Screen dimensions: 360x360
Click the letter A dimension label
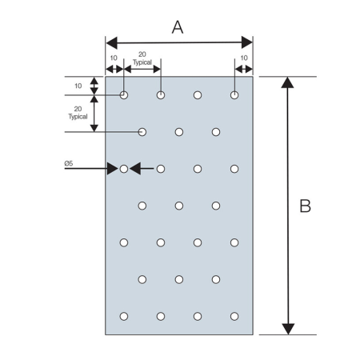pos(178,27)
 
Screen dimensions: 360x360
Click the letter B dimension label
pos(306,206)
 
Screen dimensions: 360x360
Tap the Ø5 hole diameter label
pos(69,163)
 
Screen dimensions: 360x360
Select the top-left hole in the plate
pos(124,95)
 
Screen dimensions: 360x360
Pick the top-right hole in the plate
pos(234,95)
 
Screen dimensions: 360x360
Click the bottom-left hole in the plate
pos(124,316)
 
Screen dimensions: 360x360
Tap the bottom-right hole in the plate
pos(234,316)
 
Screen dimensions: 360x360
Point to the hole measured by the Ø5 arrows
pos(124,169)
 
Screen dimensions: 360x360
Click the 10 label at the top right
pos(244,58)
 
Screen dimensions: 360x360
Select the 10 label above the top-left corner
pos(114,58)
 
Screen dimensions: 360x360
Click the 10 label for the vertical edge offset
pos(78,86)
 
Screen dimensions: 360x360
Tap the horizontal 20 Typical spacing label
pos(142,58)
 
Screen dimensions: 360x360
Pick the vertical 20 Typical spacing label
pos(78,113)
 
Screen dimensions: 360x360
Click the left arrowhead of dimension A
pos(111,42)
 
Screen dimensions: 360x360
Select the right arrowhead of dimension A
pos(247,42)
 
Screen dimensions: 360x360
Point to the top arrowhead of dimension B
pos(287,82)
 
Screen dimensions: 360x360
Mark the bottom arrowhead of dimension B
pos(288,329)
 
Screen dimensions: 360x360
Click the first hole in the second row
pos(142,132)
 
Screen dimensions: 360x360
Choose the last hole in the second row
pos(216,132)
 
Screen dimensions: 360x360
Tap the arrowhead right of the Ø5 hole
pos(135,169)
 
